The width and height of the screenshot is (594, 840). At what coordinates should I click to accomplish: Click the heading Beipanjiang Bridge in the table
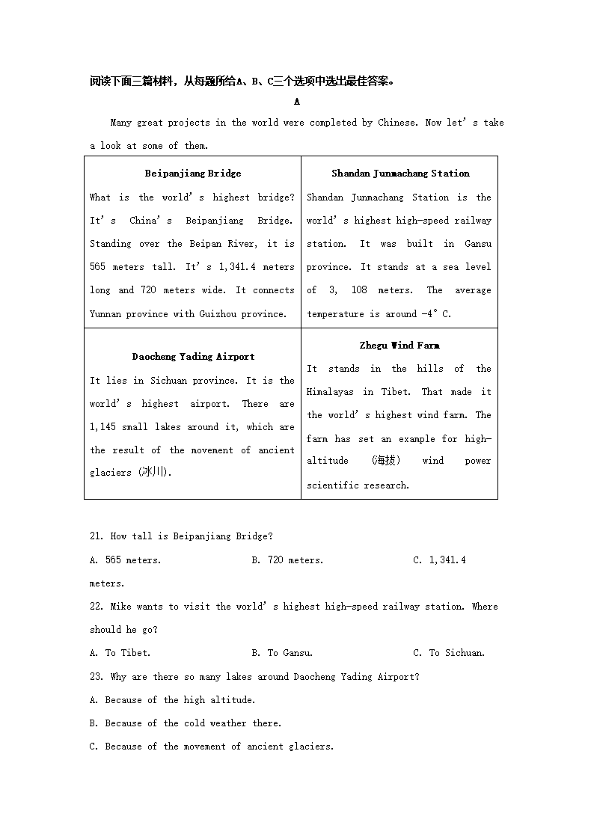pyautogui.click(x=193, y=174)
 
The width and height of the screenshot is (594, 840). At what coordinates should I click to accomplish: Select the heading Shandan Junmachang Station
pyautogui.click(x=400, y=174)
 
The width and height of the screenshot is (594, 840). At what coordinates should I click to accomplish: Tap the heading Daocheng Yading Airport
pyautogui.click(x=193, y=357)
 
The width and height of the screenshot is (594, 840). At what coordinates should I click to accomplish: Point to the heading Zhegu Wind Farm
pyautogui.click(x=399, y=346)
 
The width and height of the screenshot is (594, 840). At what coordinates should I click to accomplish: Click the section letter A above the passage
pyautogui.click(x=297, y=102)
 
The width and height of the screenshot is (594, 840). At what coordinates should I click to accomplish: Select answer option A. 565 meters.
pyautogui.click(x=125, y=560)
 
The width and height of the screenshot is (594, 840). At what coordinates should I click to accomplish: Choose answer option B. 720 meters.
pyautogui.click(x=287, y=560)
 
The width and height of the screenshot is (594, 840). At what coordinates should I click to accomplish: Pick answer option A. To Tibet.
pyautogui.click(x=120, y=653)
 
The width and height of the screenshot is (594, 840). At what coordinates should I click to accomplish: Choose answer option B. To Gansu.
pyautogui.click(x=282, y=653)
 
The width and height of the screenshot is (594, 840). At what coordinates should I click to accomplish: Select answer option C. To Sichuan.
pyautogui.click(x=449, y=653)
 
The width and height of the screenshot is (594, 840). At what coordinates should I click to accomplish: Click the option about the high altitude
pyautogui.click(x=172, y=700)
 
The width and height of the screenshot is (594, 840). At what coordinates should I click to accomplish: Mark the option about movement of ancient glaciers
pyautogui.click(x=211, y=747)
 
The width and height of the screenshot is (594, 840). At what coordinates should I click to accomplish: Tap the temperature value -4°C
pyautogui.click(x=436, y=314)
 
